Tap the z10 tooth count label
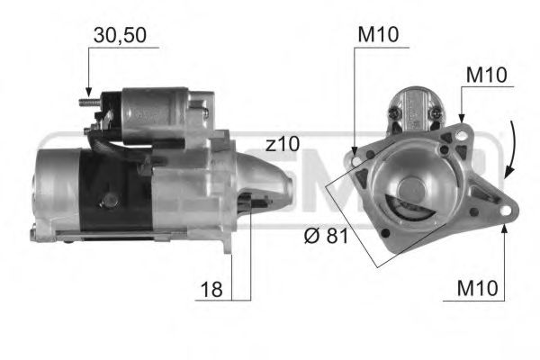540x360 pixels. tap(282, 145)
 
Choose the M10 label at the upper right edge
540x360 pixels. tap(485, 75)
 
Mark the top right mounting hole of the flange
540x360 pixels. tap(462, 136)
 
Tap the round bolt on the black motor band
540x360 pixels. tap(111, 198)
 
